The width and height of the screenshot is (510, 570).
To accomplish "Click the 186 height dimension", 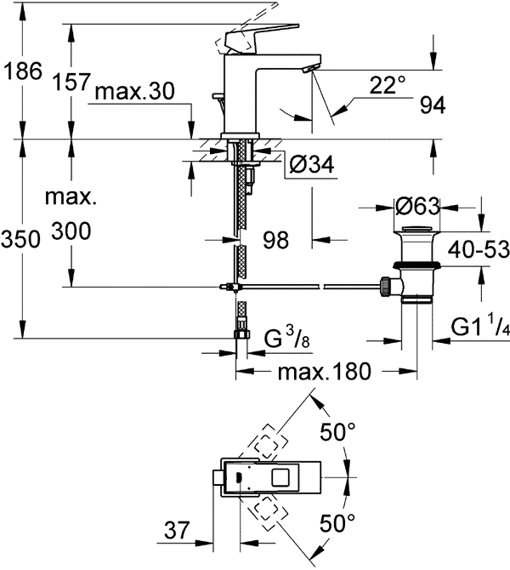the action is pos(22,71).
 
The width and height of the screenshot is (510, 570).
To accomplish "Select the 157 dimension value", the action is pos(71,82).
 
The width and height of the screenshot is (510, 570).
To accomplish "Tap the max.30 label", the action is pos(135,91).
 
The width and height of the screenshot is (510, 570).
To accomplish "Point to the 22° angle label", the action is pos(388,85).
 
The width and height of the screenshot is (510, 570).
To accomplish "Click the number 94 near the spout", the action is pos(433,105).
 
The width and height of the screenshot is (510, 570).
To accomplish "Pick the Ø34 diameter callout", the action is pos(312,165).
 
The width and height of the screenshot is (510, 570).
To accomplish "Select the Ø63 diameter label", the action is pos(417,207).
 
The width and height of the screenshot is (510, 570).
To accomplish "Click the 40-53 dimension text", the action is pos(479,250).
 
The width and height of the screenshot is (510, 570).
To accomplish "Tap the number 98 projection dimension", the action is pos(275,240).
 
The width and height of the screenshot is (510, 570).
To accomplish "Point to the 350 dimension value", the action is pos(20,240).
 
